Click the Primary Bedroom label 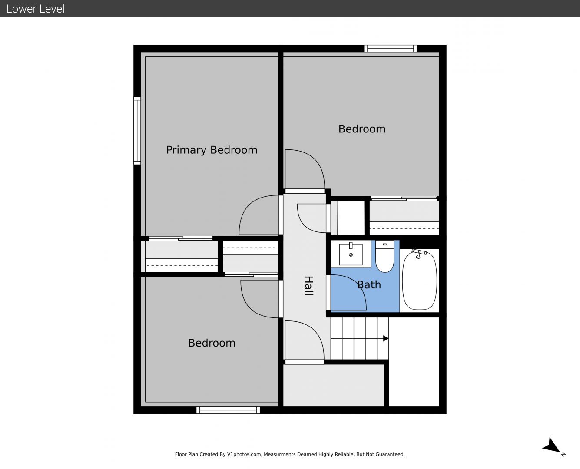click(x=212, y=150)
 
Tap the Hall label click(x=309, y=286)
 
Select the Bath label click(x=369, y=285)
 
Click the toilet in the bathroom click(x=384, y=256)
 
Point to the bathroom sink click(x=351, y=254)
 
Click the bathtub click(x=419, y=280)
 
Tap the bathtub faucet click(x=419, y=253)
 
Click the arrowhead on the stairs click(x=385, y=338)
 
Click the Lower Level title click(x=35, y=9)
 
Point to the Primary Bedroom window click(x=137, y=131)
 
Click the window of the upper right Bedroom click(x=391, y=49)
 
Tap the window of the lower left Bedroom click(x=228, y=410)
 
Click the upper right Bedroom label click(x=362, y=129)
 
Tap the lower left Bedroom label click(x=212, y=343)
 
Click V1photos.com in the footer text click(x=244, y=454)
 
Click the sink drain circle click(x=351, y=255)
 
